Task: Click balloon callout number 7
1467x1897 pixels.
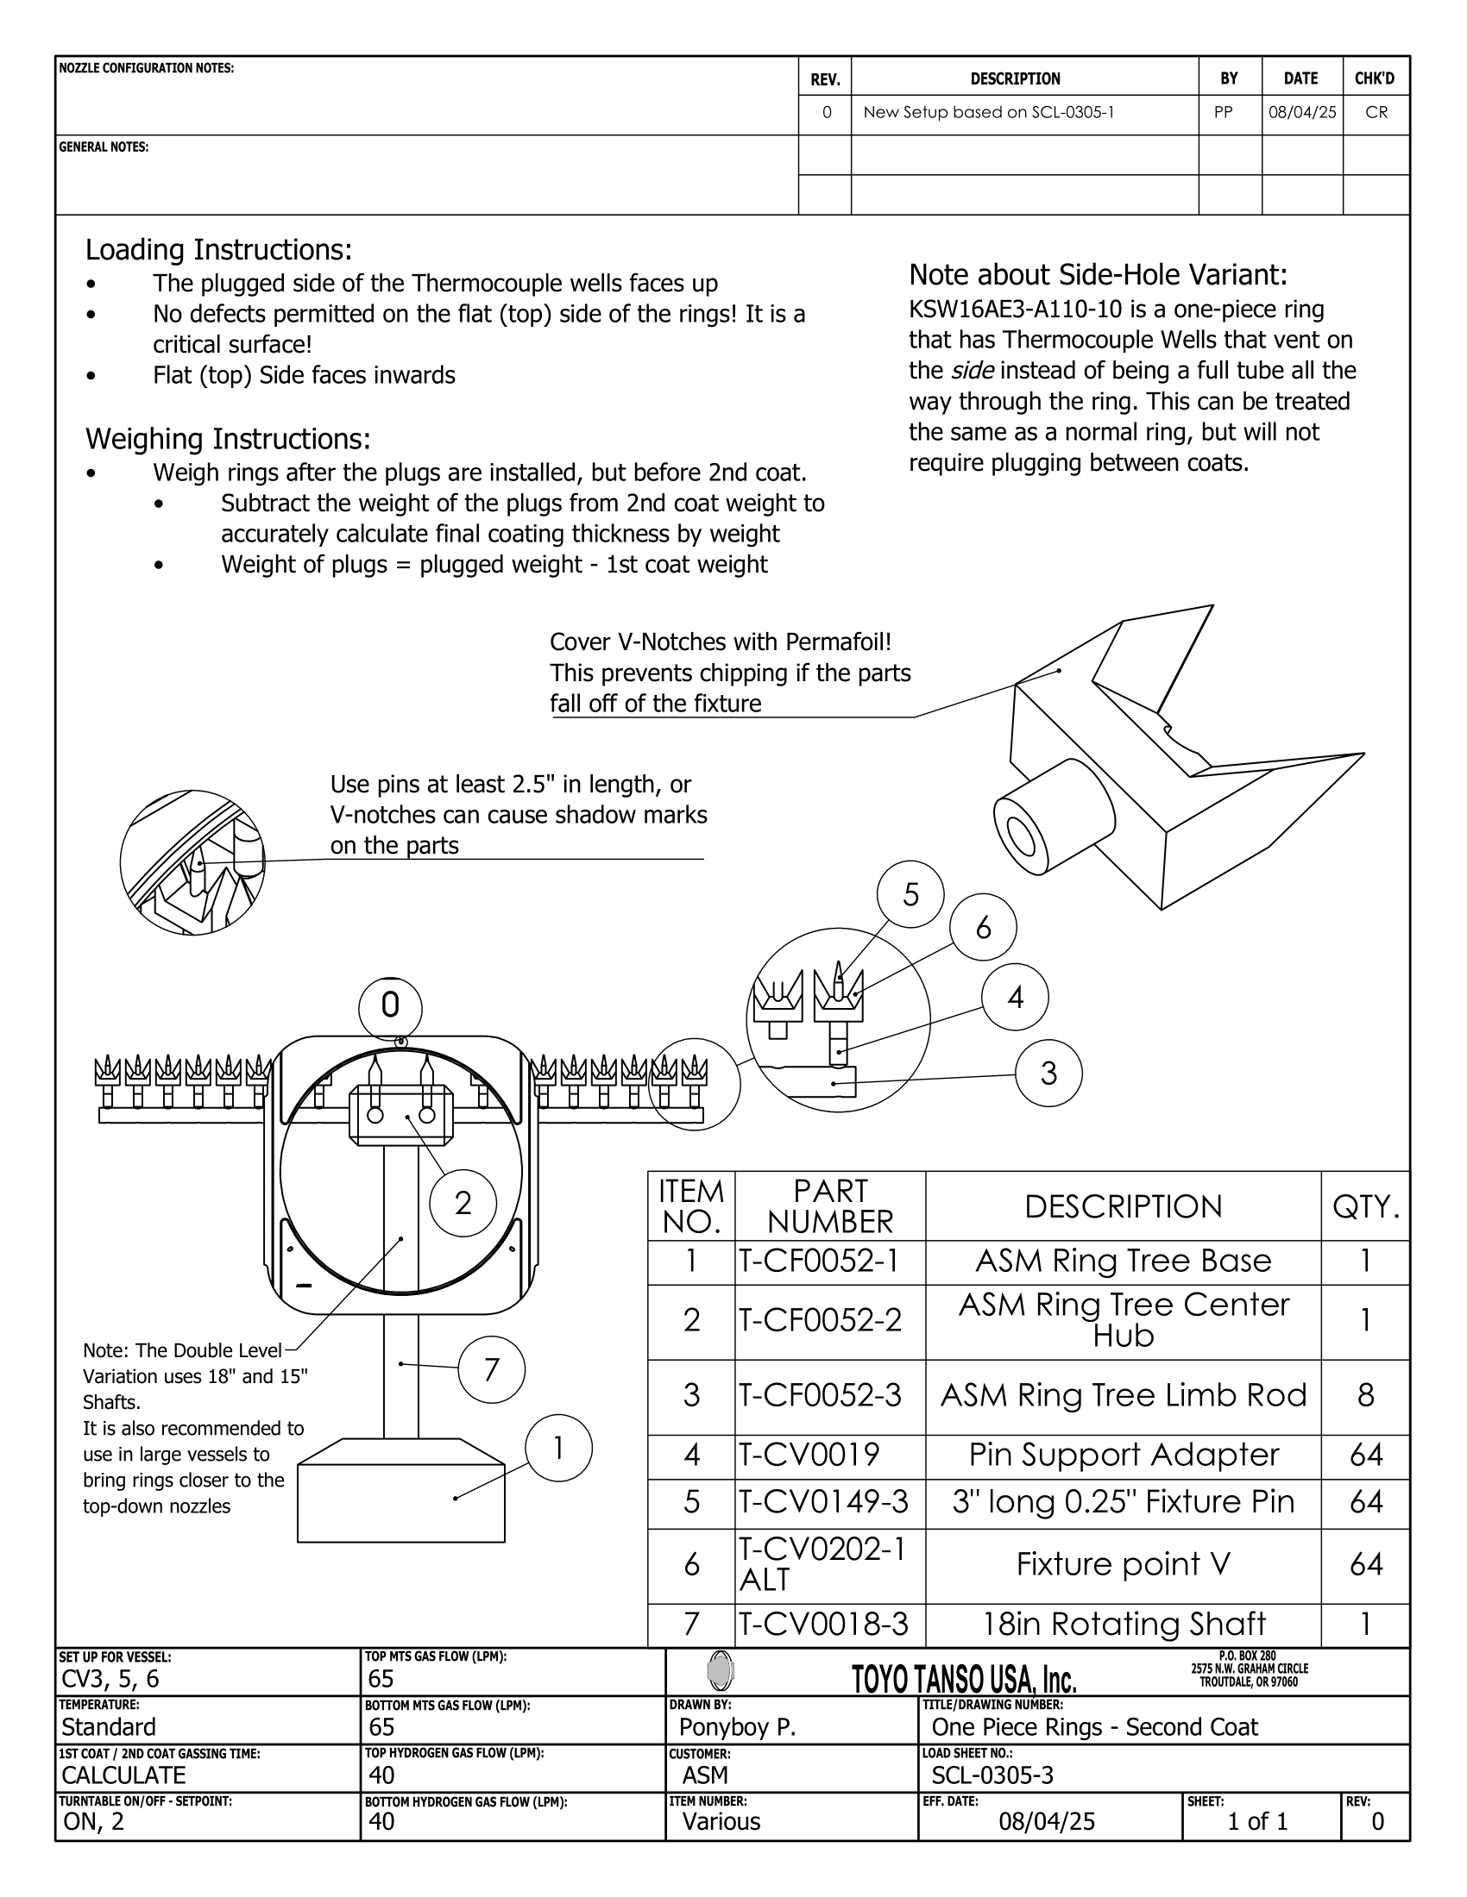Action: pos(491,1370)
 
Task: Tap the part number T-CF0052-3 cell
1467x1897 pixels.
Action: pos(821,1396)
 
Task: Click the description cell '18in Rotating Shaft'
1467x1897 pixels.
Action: pos(1123,1624)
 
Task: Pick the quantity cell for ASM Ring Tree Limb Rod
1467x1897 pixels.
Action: pos(1365,1396)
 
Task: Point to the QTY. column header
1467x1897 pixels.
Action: pos(1365,1206)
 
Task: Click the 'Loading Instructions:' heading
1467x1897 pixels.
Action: pos(219,250)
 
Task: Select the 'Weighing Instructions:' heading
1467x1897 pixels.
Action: pos(228,440)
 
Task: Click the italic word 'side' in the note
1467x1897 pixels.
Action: pos(973,371)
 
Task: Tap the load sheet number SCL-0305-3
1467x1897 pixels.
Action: pos(992,1775)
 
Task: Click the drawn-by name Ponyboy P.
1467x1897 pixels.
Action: pos(738,1727)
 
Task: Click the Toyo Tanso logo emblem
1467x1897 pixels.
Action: pos(721,1670)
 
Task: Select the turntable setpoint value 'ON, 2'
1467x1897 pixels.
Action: pos(94,1821)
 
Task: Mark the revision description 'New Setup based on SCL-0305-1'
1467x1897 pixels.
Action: pos(989,113)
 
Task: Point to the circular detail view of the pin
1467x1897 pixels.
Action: pos(192,862)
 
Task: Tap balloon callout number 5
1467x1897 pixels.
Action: pos(910,895)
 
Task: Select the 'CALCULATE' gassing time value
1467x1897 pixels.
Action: pos(123,1775)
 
